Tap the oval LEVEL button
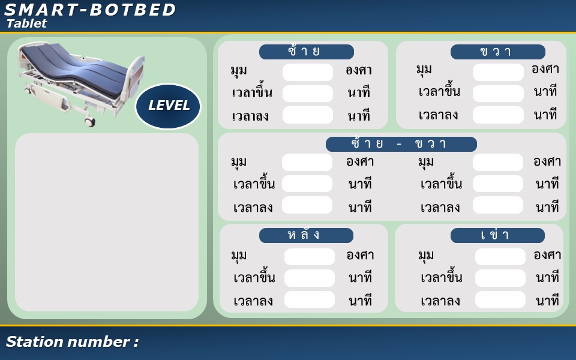click(x=168, y=106)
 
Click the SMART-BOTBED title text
click(x=90, y=10)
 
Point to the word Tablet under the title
click(x=27, y=23)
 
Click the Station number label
click(x=72, y=341)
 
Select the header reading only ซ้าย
click(x=307, y=52)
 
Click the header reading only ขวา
click(x=498, y=52)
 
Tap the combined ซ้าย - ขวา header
click(x=401, y=144)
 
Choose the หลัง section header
click(x=306, y=235)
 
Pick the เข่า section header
click(x=497, y=235)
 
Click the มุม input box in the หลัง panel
click(x=310, y=256)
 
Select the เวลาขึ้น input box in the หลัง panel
click(x=310, y=278)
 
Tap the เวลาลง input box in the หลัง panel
click(x=310, y=300)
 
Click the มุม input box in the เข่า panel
click(x=500, y=256)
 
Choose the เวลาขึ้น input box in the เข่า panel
click(x=500, y=278)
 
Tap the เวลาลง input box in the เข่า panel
click(x=500, y=300)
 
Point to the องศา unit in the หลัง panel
click(x=360, y=255)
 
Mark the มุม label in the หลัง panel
click(x=239, y=256)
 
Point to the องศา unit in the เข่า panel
click(x=547, y=255)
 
